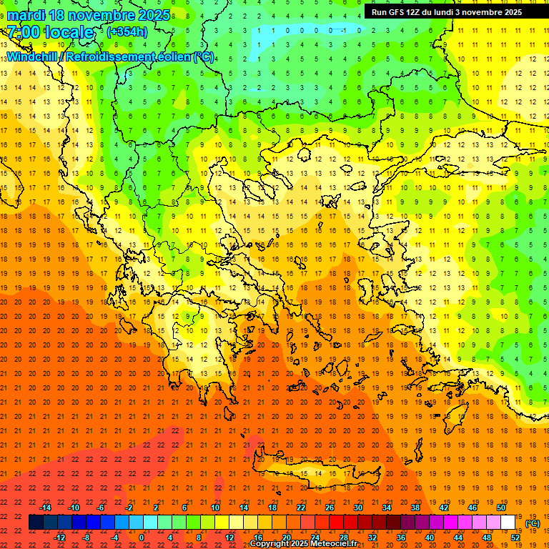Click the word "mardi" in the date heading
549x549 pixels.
26,15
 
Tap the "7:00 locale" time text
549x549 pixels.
50,32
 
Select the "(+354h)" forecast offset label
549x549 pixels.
127,31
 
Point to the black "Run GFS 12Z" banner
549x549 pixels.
446,12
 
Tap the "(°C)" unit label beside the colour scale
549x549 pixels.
533,523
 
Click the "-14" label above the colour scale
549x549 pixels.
45,507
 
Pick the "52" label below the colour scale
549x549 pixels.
515,538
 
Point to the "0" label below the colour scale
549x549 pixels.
142,538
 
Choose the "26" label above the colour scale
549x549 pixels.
330,507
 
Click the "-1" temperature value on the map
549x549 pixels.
343,30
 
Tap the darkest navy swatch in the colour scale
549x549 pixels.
36,523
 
